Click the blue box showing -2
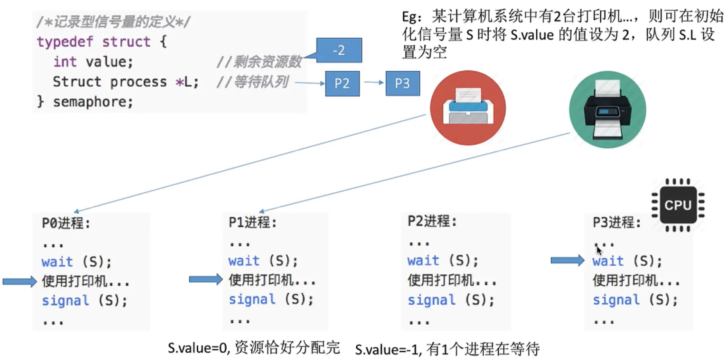click(x=339, y=50)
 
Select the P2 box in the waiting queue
click(x=342, y=83)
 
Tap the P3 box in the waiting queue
click(x=402, y=83)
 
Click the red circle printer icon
click(x=468, y=108)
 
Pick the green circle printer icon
click(x=607, y=109)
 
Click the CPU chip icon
click(x=678, y=205)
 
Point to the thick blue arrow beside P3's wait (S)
click(x=567, y=261)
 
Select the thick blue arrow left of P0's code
click(x=19, y=281)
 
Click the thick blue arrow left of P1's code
click(x=205, y=279)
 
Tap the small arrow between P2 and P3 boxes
click(x=373, y=82)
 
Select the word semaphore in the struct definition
click(x=93, y=102)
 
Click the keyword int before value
click(x=65, y=62)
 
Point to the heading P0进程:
click(x=66, y=223)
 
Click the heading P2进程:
click(x=432, y=221)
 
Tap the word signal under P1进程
click(x=252, y=299)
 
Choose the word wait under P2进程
click(x=423, y=261)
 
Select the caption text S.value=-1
click(x=388, y=349)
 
